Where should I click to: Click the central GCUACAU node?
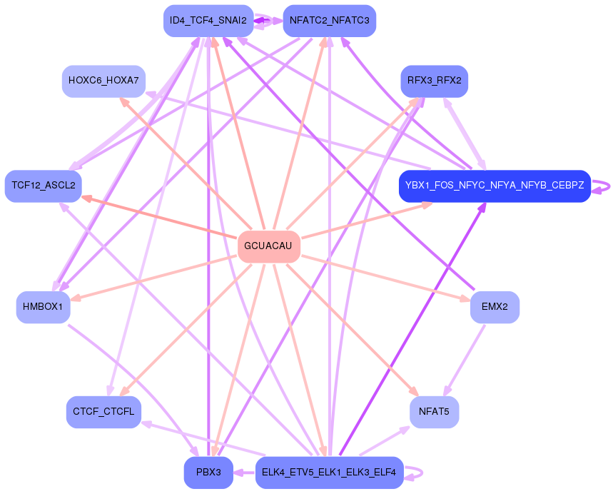(x=268, y=246)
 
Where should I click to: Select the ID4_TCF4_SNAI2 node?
(x=208, y=20)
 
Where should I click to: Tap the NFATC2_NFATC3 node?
(x=329, y=20)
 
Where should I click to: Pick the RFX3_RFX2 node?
(x=434, y=81)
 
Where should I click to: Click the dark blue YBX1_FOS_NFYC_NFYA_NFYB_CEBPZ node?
(x=495, y=186)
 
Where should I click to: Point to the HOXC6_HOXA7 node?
(x=104, y=81)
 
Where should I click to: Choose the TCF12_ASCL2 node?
(x=44, y=186)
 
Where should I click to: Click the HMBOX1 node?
(x=43, y=307)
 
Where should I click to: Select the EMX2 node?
(x=495, y=307)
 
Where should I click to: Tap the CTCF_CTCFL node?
(x=104, y=412)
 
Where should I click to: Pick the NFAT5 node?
(x=434, y=412)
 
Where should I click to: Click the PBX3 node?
(x=208, y=473)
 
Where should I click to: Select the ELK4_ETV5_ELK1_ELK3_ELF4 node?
(x=329, y=473)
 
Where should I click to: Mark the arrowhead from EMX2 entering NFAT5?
(x=446, y=391)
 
